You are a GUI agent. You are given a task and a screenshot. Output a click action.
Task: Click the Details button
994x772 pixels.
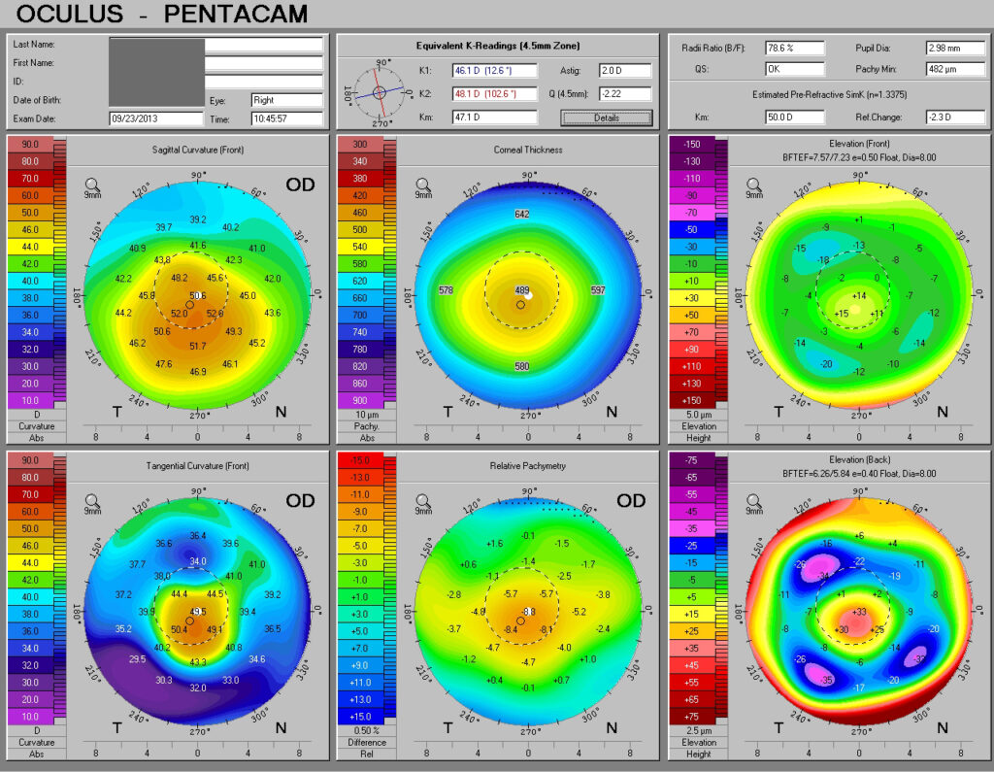(606, 117)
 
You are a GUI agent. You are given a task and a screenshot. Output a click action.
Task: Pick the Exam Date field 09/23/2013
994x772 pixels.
(155, 118)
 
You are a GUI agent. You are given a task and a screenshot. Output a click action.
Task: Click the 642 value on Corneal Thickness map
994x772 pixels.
(522, 214)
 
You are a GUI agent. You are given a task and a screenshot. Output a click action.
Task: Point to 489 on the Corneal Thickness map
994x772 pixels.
(522, 290)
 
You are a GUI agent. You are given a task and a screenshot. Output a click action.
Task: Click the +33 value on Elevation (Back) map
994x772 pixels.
(859, 612)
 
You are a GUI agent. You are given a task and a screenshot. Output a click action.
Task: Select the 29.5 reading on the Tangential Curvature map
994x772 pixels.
(137, 659)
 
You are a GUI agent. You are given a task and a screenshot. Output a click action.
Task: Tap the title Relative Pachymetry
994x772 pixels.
(529, 466)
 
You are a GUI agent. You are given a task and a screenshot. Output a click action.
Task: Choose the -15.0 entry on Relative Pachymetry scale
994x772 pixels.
(360, 460)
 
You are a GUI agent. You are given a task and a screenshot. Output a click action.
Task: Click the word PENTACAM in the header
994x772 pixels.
(236, 15)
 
